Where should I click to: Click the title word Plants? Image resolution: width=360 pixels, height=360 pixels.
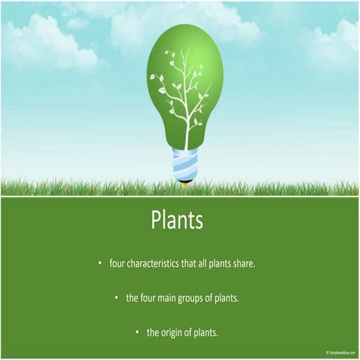click(x=177, y=220)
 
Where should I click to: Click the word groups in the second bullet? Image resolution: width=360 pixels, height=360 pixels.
click(x=196, y=298)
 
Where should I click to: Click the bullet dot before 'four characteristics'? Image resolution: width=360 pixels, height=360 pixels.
click(x=99, y=263)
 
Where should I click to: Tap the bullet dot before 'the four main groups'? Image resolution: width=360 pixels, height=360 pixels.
click(x=116, y=298)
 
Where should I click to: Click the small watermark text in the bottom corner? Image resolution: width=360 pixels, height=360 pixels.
click(x=341, y=352)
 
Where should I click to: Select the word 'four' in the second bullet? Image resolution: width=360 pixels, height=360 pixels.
click(x=150, y=298)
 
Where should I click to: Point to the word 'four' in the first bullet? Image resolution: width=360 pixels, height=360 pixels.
click(x=117, y=263)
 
